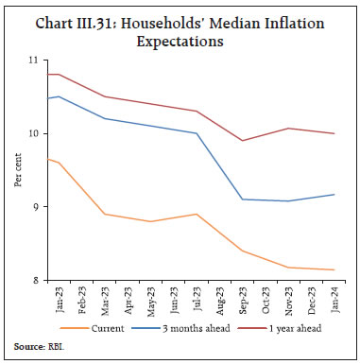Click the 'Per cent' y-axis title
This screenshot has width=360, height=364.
18,170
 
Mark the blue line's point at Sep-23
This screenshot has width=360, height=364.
241,199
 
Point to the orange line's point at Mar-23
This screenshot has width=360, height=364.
106,215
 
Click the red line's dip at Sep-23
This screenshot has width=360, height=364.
241,141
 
